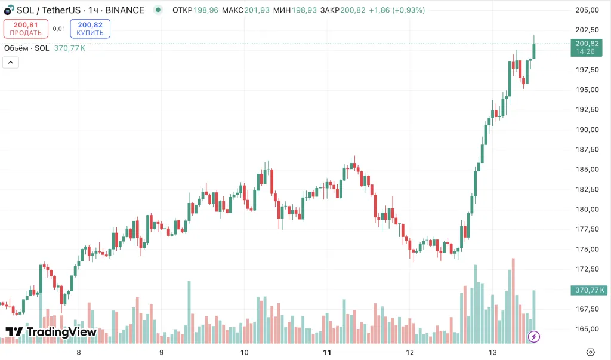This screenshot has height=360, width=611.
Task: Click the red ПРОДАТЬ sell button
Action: point(26,29)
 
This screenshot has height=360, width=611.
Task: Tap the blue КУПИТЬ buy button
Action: point(90,29)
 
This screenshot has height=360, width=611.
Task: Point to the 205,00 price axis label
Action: point(587,10)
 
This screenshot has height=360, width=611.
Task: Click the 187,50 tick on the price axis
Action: point(587,149)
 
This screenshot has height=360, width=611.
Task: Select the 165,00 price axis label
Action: point(587,329)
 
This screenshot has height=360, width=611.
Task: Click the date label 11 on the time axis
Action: point(326,352)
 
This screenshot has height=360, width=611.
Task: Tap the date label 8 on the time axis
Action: point(79,352)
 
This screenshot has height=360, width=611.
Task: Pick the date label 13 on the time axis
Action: point(492,352)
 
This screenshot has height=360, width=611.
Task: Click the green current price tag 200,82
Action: point(587,44)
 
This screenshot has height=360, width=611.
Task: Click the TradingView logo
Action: point(51,332)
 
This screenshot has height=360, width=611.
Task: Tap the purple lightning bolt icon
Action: point(534,337)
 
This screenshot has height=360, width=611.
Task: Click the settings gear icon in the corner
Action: point(591,352)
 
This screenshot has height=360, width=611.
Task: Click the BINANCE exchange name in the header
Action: point(125,10)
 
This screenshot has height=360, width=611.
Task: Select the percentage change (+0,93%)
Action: point(409,10)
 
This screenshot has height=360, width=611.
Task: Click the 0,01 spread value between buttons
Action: point(59,29)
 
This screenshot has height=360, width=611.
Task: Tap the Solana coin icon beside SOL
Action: point(8,11)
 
